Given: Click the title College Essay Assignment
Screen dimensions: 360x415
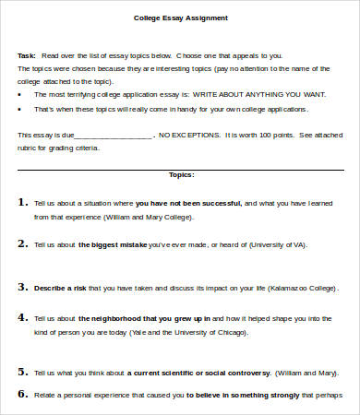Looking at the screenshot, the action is pyautogui.click(x=182, y=18).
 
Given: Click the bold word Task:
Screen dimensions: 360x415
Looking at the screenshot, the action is pyautogui.click(x=27, y=54).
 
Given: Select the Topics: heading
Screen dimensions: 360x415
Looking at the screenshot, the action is pyautogui.click(x=182, y=173).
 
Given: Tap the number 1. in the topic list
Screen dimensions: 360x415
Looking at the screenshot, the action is pyautogui.click(x=22, y=200).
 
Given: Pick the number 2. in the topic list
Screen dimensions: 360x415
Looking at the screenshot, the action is pyautogui.click(x=22, y=244).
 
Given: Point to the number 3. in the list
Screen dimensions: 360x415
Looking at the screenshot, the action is pyautogui.click(x=22, y=287).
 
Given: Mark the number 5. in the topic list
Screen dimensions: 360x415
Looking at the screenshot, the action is pyautogui.click(x=22, y=373).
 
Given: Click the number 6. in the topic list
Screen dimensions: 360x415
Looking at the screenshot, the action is pyautogui.click(x=22, y=393).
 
